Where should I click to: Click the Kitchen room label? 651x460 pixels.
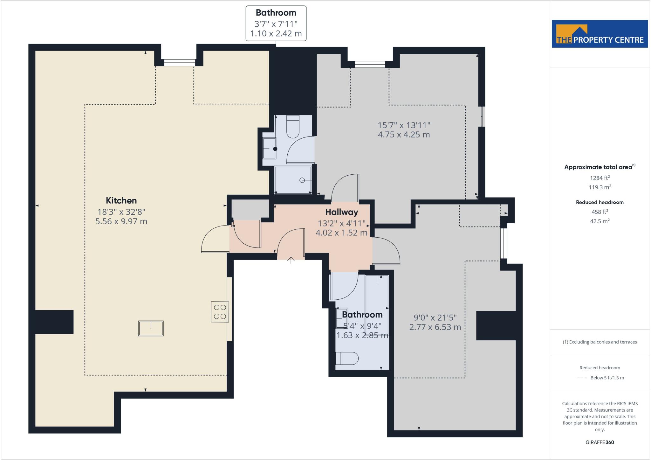[x=121, y=200]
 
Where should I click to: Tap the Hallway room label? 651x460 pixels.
[x=341, y=212]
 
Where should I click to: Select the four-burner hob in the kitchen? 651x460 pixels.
[x=220, y=312]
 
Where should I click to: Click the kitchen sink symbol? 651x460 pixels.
[x=151, y=328]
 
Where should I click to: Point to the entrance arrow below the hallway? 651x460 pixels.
[x=291, y=260]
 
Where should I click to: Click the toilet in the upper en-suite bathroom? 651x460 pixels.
[x=293, y=127]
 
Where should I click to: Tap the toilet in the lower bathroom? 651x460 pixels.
[x=347, y=359]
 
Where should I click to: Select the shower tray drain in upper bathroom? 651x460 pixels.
[x=302, y=180]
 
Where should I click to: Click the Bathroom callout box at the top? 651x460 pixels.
[x=276, y=23]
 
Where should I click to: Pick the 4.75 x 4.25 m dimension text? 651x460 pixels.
[x=404, y=135]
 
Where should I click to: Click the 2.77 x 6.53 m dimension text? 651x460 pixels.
[x=435, y=327]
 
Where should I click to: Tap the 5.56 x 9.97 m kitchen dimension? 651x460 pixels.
[x=121, y=221]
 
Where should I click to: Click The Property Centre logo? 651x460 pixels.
[x=600, y=34]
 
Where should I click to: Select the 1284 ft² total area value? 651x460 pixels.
[x=600, y=178]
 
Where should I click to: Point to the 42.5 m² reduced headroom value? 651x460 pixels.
[x=600, y=221]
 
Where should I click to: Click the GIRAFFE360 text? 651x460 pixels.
[x=600, y=442]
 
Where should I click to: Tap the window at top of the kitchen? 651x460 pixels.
[x=180, y=63]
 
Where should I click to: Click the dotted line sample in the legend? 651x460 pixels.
[x=581, y=378]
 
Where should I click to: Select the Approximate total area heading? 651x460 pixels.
[x=598, y=167]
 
